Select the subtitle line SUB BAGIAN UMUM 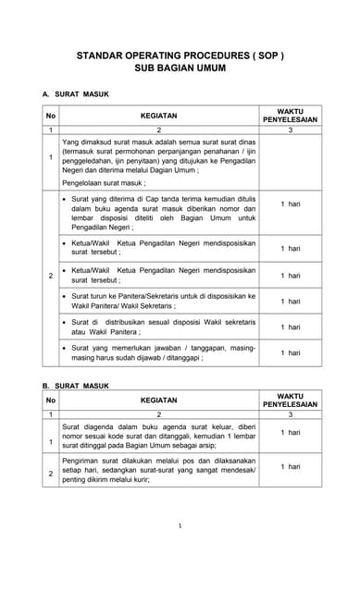pos(180,69)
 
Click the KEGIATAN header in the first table pos(158,116)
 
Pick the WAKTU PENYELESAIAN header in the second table pos(290,400)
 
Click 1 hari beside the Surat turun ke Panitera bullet pos(290,302)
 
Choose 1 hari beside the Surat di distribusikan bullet pos(290,327)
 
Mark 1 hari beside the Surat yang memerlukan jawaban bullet pos(290,352)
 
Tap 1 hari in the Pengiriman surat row pos(290,466)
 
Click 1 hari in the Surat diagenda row pos(290,432)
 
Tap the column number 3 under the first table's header pos(290,130)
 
